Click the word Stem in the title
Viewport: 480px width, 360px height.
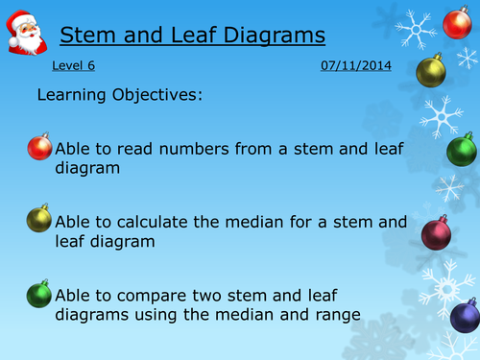84,36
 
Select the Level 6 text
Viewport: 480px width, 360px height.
74,67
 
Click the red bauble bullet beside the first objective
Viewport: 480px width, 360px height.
39,147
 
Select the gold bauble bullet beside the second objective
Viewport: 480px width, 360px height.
39,218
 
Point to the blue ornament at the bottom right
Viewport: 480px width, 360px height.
465,314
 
